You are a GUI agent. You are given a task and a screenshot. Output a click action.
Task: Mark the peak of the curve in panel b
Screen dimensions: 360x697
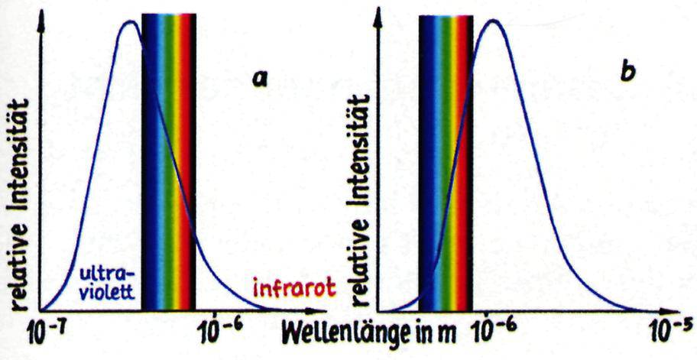tap(493, 20)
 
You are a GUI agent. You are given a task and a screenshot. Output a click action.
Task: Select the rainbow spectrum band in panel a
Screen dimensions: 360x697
tap(169, 161)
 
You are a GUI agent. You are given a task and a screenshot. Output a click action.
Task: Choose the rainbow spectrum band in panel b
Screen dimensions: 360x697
tap(446, 161)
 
